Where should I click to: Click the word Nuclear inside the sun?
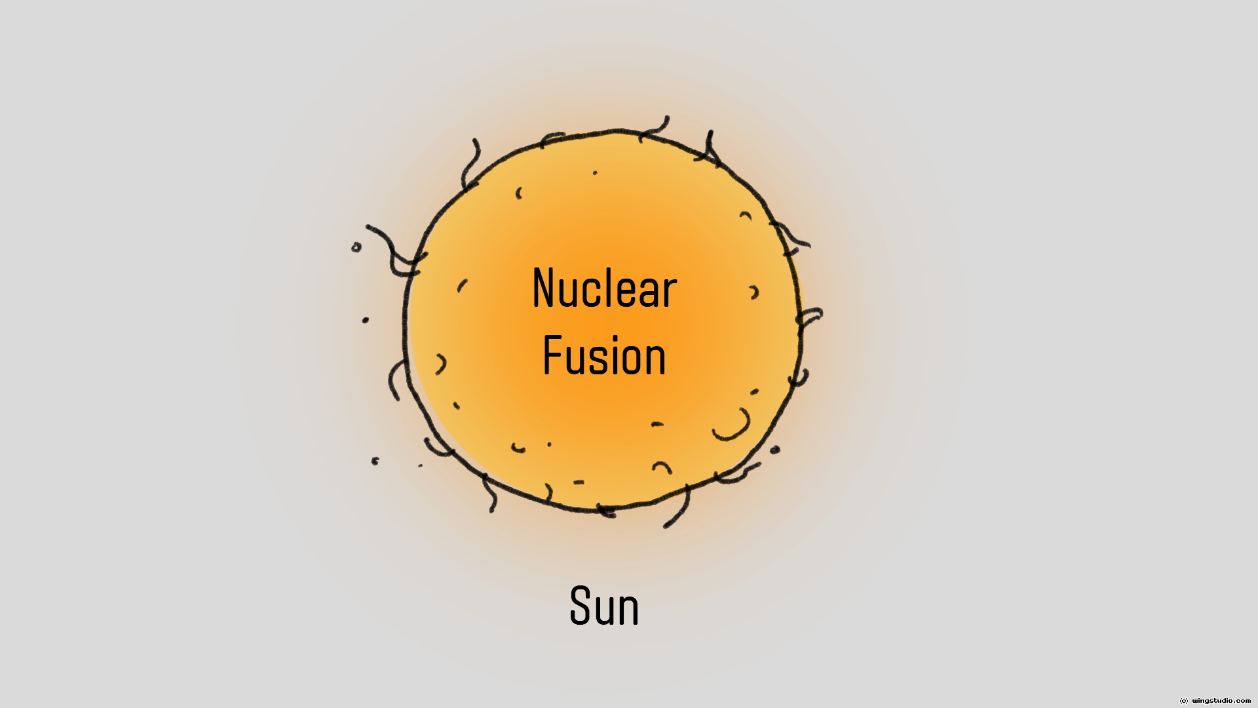pos(604,288)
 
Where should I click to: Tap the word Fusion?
pos(604,356)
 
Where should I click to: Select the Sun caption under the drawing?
pos(604,606)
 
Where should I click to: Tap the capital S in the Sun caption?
pos(581,606)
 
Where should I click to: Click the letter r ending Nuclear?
pos(669,293)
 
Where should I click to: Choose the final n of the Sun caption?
pos(628,610)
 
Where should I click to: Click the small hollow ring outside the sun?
pos(356,247)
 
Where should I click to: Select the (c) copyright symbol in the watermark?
pos(1183,701)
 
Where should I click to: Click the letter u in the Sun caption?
pos(604,610)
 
